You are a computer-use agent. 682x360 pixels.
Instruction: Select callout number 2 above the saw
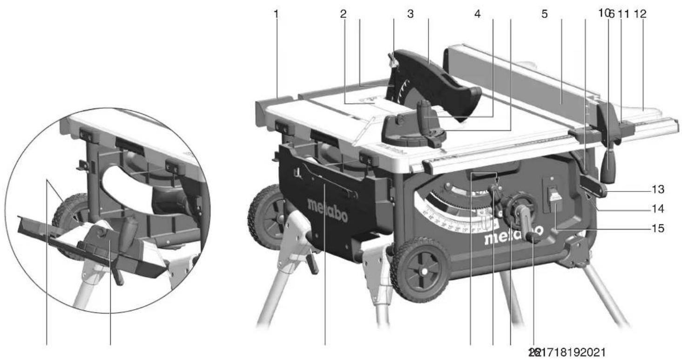(x=343, y=14)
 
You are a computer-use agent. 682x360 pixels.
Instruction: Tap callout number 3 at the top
(x=410, y=14)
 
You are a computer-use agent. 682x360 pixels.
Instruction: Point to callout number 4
(x=477, y=14)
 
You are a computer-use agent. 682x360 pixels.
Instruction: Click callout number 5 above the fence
(x=544, y=14)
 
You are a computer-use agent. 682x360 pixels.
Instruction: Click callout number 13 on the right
(x=657, y=191)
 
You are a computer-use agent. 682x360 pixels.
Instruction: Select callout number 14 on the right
(x=657, y=210)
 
